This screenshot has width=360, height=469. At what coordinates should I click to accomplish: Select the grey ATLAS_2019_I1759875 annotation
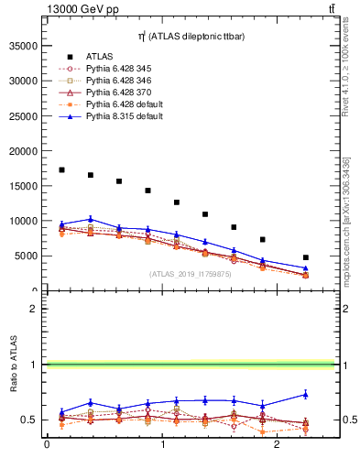point(189,273)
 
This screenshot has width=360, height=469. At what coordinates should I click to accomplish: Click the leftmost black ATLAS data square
point(61,169)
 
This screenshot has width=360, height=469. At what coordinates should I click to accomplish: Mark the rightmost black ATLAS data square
point(305,257)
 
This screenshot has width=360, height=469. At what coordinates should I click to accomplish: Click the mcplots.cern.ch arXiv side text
point(346,220)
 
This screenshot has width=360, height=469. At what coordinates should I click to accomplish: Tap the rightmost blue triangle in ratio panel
point(305,394)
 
